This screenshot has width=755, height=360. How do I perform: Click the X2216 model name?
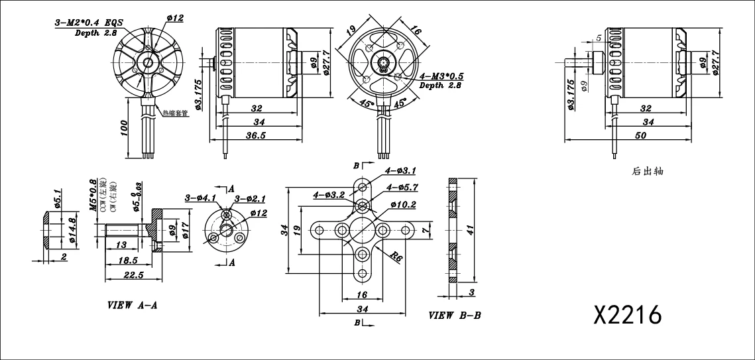628,315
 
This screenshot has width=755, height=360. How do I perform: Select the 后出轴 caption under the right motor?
648,171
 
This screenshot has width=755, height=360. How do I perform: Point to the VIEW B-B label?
455,316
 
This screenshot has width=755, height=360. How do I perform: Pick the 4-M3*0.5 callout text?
441,76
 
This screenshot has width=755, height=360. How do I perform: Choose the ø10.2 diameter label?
403,205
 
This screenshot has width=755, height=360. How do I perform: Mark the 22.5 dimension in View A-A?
133,275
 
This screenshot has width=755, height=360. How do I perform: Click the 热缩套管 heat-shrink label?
176,113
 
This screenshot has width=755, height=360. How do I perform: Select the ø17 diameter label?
186,229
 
